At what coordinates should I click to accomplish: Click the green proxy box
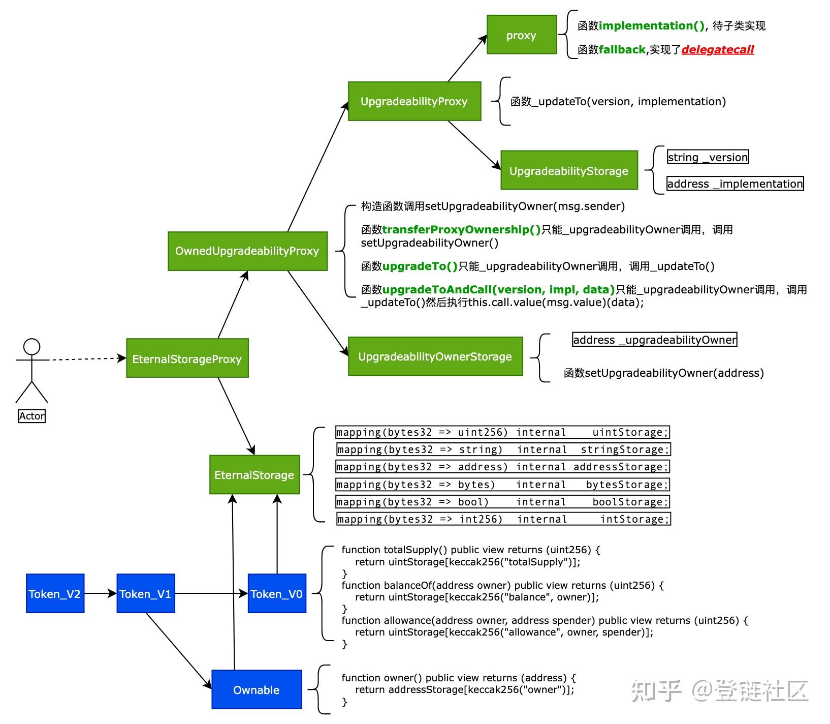(521, 35)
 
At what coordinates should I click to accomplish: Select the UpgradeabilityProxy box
(414, 101)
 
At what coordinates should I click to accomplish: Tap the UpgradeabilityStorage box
(568, 170)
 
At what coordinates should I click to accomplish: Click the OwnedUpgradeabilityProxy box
(247, 251)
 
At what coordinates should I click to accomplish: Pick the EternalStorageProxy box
(187, 358)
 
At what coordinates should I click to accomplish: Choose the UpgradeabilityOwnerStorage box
(435, 356)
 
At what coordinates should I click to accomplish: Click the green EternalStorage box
(254, 474)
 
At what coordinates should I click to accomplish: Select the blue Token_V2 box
(55, 593)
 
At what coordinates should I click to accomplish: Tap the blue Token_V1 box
(145, 593)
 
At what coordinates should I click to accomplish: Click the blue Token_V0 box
(276, 593)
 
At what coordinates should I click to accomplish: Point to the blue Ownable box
(256, 689)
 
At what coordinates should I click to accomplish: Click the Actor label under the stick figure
(31, 416)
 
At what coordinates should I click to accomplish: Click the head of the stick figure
(32, 347)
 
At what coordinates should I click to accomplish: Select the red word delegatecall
(717, 50)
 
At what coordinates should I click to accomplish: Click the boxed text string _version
(708, 157)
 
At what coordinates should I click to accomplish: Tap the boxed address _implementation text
(735, 184)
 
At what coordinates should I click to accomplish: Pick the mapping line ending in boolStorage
(502, 502)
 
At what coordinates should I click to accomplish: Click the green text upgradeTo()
(420, 266)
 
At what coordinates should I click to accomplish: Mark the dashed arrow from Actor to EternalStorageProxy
(86, 359)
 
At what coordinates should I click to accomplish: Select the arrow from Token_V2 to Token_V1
(100, 593)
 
